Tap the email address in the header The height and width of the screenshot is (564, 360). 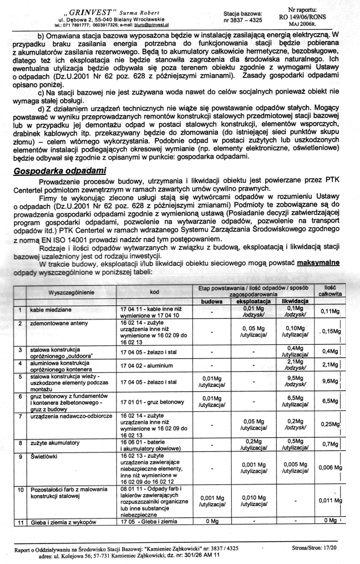(x=153, y=25)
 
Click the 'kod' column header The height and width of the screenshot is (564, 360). (x=154, y=292)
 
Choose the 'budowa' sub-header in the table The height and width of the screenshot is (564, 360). (x=212, y=300)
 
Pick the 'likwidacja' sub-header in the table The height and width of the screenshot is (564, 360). (x=294, y=300)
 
